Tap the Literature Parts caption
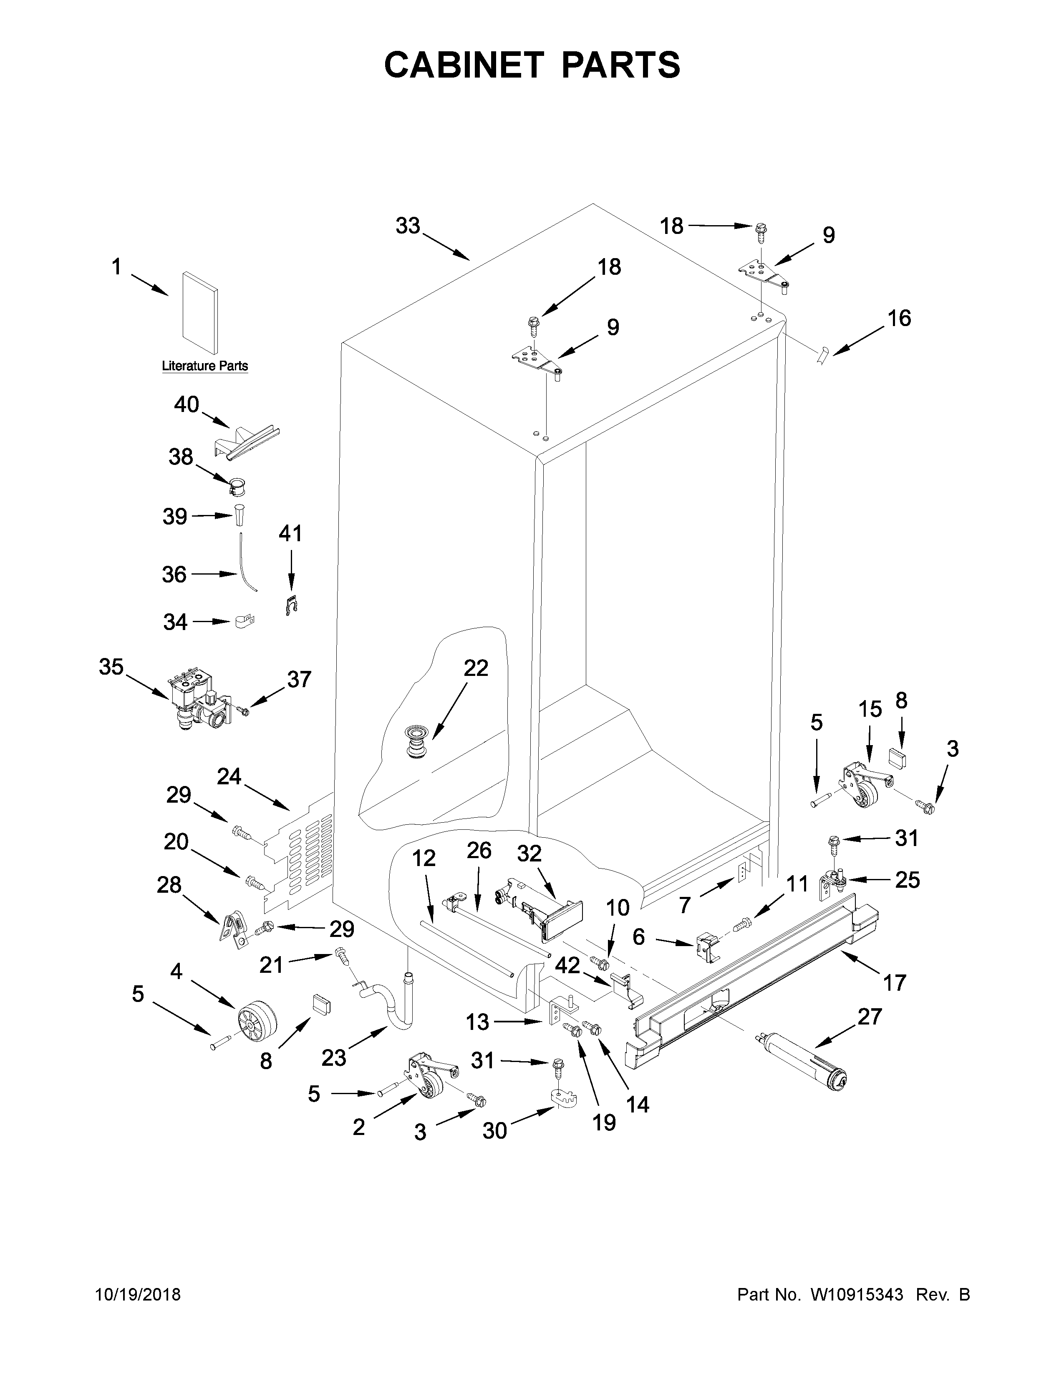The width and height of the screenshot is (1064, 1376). click(205, 366)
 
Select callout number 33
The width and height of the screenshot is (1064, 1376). click(408, 226)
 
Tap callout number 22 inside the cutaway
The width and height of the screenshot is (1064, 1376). click(476, 668)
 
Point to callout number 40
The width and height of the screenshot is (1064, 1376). click(187, 404)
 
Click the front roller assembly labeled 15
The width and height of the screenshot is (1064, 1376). click(861, 784)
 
